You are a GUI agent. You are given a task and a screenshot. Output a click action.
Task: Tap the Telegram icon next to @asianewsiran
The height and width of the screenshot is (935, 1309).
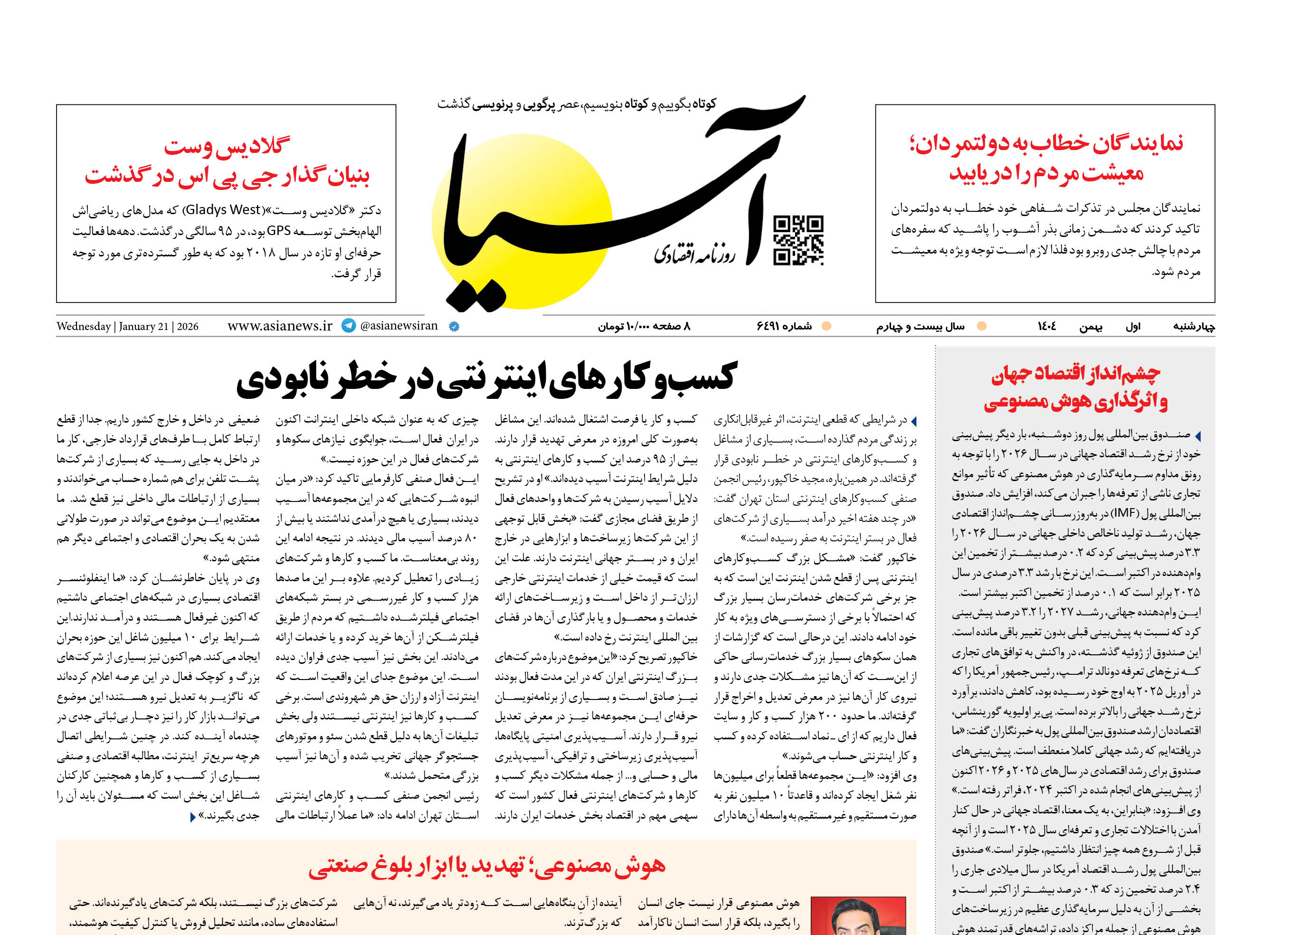click(x=349, y=326)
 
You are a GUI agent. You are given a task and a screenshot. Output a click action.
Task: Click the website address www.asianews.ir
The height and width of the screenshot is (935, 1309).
click(x=280, y=326)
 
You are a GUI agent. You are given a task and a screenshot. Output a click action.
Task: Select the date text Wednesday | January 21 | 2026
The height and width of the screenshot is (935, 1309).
click(x=127, y=326)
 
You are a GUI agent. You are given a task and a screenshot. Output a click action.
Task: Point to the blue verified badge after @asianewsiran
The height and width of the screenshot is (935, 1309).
click(x=454, y=326)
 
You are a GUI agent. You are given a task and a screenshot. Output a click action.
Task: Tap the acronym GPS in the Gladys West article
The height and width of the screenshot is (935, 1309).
click(x=279, y=231)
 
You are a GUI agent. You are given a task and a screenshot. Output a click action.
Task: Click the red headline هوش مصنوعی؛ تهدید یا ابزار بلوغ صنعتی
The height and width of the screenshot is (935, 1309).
click(x=487, y=865)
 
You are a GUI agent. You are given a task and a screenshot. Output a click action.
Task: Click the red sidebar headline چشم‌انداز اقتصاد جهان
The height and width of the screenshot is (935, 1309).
click(x=1075, y=375)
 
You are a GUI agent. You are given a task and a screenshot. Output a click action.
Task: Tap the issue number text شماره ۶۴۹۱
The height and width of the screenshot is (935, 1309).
click(x=784, y=326)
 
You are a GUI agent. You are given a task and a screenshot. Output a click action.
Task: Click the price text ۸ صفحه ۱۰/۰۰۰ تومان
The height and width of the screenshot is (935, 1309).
click(x=643, y=326)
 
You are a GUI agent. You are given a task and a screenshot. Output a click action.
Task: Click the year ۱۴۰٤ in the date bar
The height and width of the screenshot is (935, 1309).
click(x=1046, y=326)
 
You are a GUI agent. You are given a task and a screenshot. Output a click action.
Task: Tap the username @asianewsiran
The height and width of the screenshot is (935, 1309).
click(x=398, y=326)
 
